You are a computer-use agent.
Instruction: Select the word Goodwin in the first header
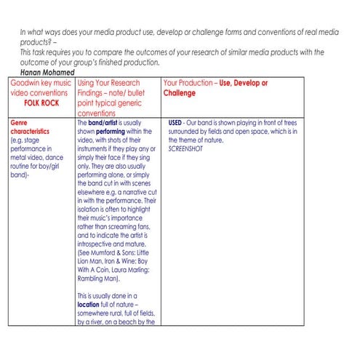pos(27,84)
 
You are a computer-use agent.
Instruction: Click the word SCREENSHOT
pos(186,148)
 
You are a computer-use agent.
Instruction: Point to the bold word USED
pos(175,124)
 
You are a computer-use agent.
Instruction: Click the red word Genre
pos(18,124)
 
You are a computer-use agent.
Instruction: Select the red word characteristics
pos(31,132)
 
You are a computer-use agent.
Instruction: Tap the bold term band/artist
pos(104,124)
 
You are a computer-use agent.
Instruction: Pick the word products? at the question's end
pos(36,44)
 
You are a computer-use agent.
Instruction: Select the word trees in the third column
pos(295,124)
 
